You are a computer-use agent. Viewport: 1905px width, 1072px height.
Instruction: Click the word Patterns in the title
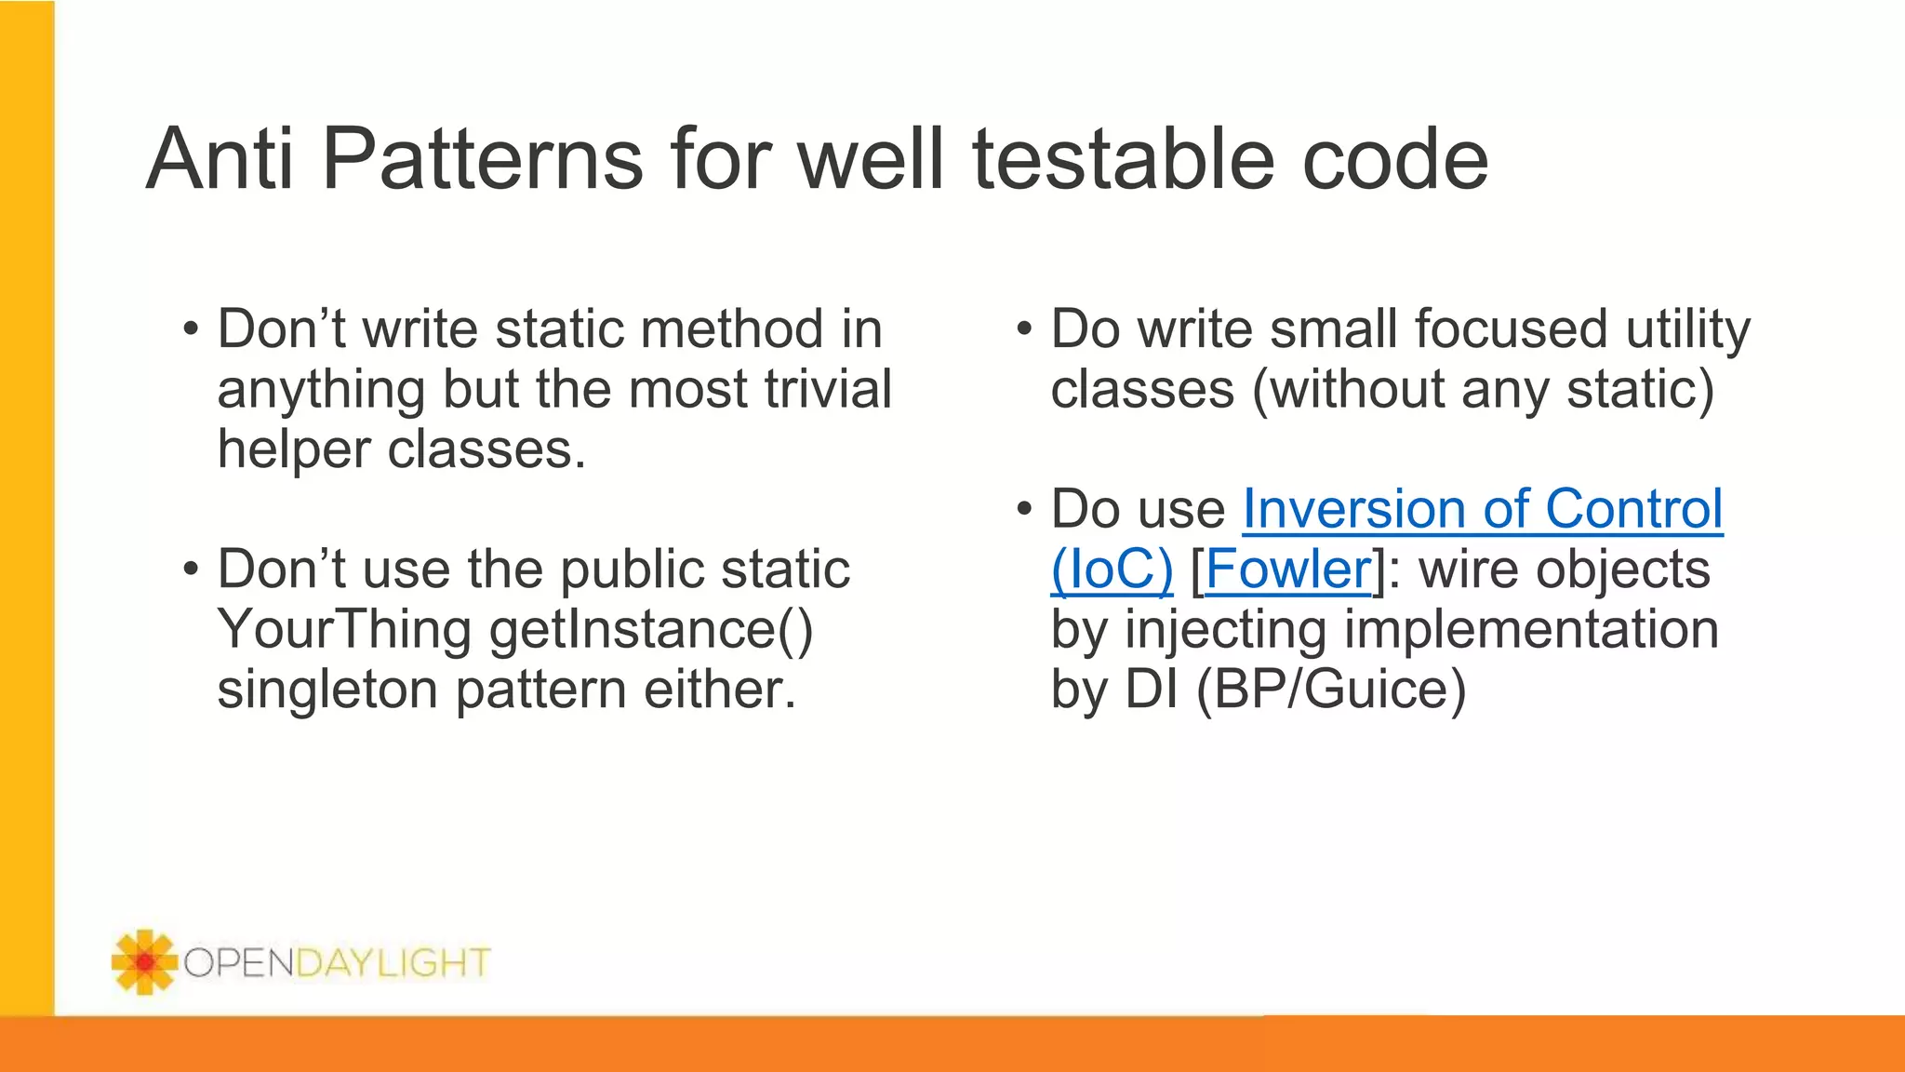click(482, 160)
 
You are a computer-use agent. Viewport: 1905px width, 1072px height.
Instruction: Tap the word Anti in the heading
click(220, 160)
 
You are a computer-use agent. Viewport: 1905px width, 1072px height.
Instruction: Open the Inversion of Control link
click(1483, 510)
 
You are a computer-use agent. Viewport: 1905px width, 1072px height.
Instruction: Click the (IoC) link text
click(1112, 569)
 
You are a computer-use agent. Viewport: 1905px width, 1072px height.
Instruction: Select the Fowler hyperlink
click(1287, 569)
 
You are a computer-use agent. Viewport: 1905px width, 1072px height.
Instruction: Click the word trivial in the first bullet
click(827, 389)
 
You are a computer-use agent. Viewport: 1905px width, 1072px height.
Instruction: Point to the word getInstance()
click(651, 630)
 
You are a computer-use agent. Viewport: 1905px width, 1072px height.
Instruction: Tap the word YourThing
click(344, 630)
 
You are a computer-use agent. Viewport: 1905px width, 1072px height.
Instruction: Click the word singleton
click(326, 690)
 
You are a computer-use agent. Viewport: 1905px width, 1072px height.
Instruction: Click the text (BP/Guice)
click(1331, 690)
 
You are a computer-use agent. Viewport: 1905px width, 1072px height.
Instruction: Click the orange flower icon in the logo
click(144, 961)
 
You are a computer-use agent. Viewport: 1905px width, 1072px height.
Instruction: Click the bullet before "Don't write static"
click(191, 329)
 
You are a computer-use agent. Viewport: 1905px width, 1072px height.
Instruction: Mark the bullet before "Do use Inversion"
click(1024, 510)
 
